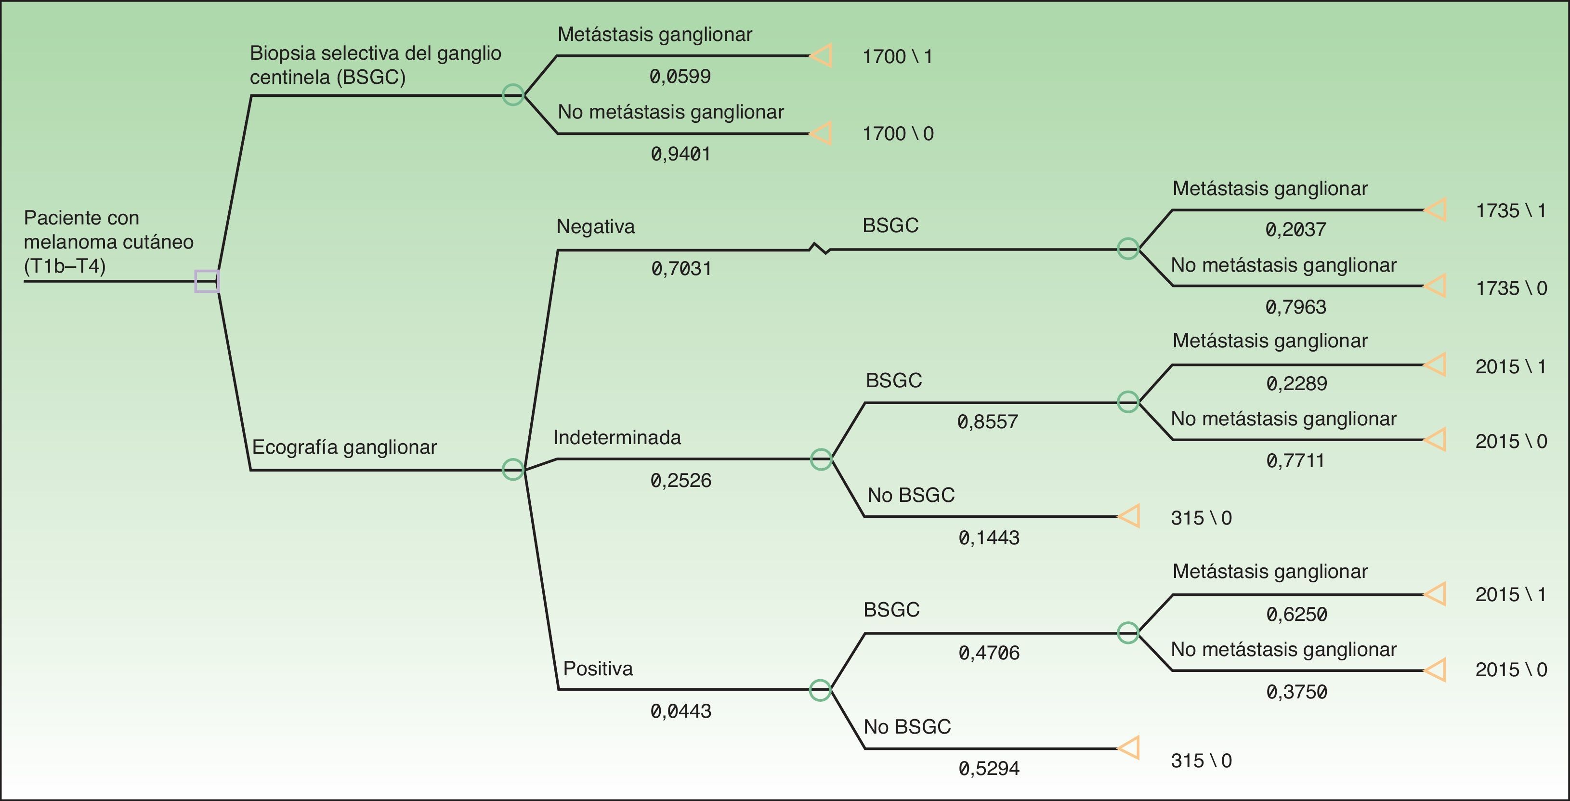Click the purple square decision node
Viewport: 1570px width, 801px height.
[207, 281]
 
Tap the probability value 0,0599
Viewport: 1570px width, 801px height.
[680, 76]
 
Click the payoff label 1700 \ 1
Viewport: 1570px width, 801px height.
[897, 57]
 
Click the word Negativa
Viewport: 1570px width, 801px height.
[595, 227]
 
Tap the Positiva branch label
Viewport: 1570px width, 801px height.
[598, 669]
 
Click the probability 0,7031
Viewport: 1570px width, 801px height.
[681, 268]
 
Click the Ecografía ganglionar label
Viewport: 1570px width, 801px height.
[344, 447]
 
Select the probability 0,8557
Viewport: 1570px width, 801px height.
[987, 421]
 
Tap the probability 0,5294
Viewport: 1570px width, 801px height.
[989, 768]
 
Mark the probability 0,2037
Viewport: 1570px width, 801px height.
[1296, 229]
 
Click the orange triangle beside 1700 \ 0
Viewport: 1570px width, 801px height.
[822, 133]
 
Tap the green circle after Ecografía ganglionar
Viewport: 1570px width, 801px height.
[512, 470]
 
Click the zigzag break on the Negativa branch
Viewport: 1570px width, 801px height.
[820, 249]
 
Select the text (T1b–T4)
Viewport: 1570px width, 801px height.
[65, 266]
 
